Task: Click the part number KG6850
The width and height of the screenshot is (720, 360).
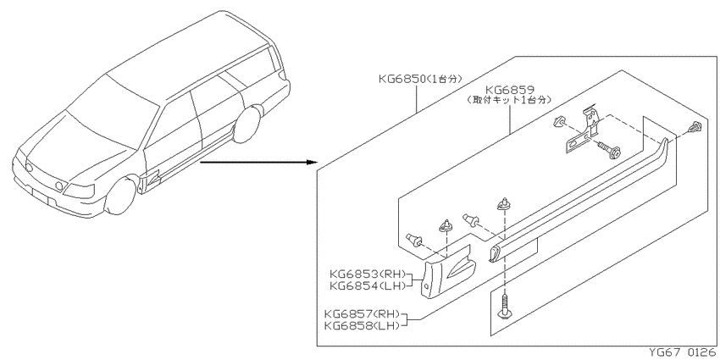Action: click(x=402, y=79)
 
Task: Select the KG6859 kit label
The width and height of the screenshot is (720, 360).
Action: click(x=509, y=89)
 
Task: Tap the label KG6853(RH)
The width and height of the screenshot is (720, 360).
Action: click(x=368, y=275)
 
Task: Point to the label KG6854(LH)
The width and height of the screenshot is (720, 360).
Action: click(x=368, y=285)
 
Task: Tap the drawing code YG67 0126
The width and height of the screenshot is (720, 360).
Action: click(x=682, y=353)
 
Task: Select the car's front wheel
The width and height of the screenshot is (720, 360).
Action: click(x=121, y=197)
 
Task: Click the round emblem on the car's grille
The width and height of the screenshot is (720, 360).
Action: click(x=30, y=168)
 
